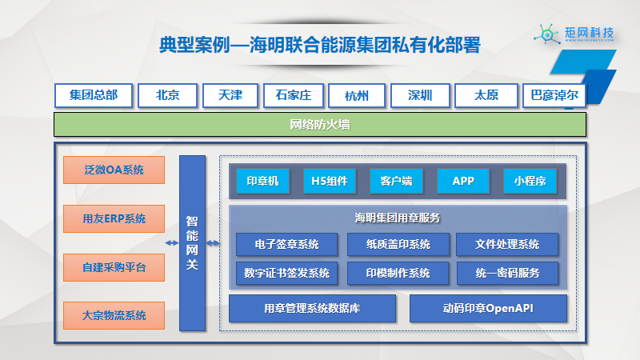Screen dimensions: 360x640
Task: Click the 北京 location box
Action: [x=167, y=96]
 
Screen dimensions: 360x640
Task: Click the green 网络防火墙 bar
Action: [x=320, y=125]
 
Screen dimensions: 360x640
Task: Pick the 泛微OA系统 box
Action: [x=114, y=170]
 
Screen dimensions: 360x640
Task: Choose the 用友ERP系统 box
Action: [x=114, y=218]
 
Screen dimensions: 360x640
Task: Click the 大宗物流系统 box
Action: [x=114, y=315]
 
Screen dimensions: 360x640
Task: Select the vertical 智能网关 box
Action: [x=192, y=242]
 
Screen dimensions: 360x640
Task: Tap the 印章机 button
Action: [x=262, y=182]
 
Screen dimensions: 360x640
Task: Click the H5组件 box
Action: [x=330, y=182]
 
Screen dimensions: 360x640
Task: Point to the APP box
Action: [x=463, y=182]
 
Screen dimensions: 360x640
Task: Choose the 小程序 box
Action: [x=530, y=182]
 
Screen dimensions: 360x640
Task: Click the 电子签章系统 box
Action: [x=287, y=244]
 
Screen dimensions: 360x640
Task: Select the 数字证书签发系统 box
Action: [x=287, y=273]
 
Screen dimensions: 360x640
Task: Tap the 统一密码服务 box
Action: [x=507, y=273]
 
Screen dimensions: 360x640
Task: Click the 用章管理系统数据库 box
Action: [x=312, y=308]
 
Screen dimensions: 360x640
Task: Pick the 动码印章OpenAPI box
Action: [x=488, y=308]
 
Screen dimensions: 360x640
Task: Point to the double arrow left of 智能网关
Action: [x=171, y=243]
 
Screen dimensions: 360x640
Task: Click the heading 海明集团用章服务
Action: [x=398, y=218]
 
